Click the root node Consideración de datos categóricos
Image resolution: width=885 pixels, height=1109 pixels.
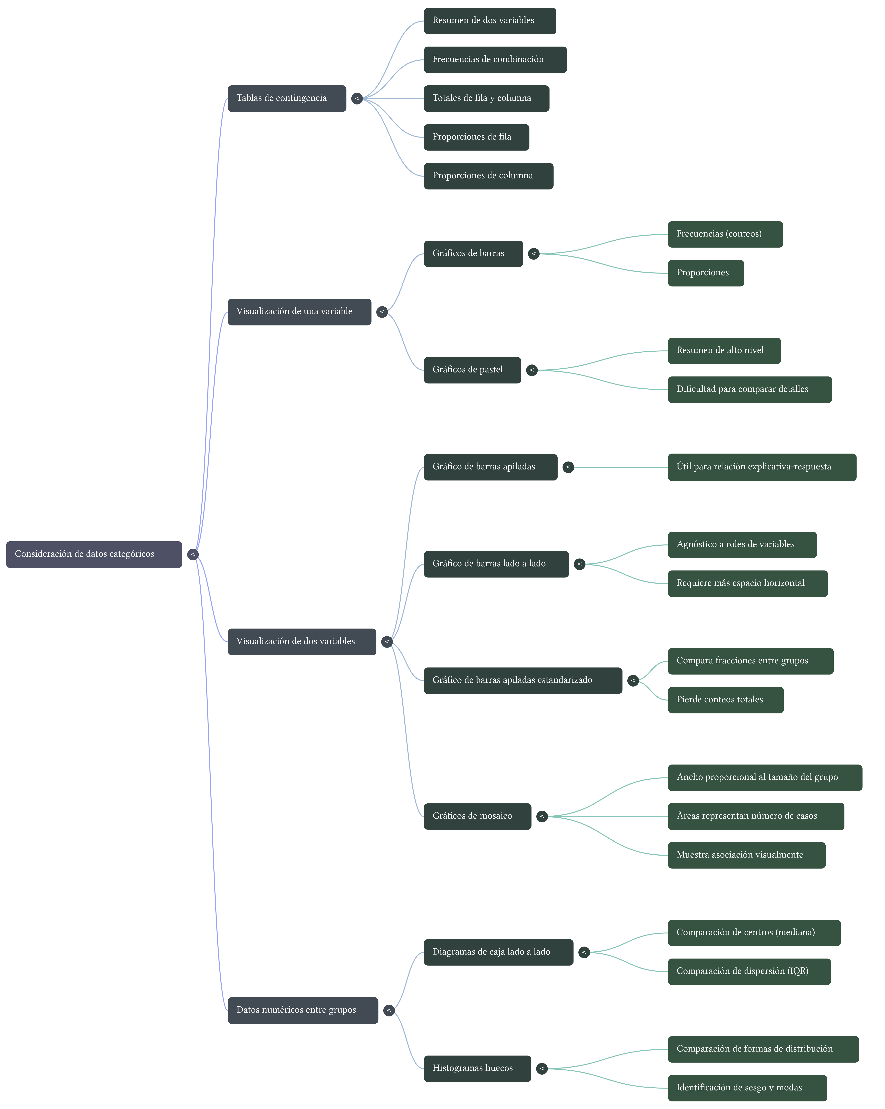[x=94, y=554]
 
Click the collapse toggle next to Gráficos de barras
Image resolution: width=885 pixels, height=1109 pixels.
[x=534, y=254]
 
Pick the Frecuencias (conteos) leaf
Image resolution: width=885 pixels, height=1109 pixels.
[x=725, y=234]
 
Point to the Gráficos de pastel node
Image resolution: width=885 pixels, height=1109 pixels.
[x=472, y=370]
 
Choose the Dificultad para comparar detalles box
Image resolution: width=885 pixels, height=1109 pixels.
[x=749, y=389]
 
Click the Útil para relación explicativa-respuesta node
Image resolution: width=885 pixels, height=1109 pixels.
[x=761, y=467]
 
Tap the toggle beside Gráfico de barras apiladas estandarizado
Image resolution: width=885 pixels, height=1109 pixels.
[x=633, y=680]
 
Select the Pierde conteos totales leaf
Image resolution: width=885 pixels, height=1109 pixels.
[x=726, y=700]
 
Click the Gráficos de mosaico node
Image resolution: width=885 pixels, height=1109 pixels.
[x=477, y=816]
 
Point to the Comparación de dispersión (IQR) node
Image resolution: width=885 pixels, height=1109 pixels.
[x=749, y=971]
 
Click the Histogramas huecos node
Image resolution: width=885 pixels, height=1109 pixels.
[x=477, y=1068]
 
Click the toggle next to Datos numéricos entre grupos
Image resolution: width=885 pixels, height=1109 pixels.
[x=389, y=1010]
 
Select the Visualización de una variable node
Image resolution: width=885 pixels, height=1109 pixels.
[x=299, y=312]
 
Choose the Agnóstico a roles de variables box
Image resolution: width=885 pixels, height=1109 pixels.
[x=742, y=545]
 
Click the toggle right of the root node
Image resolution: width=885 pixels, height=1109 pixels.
[x=193, y=554]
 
